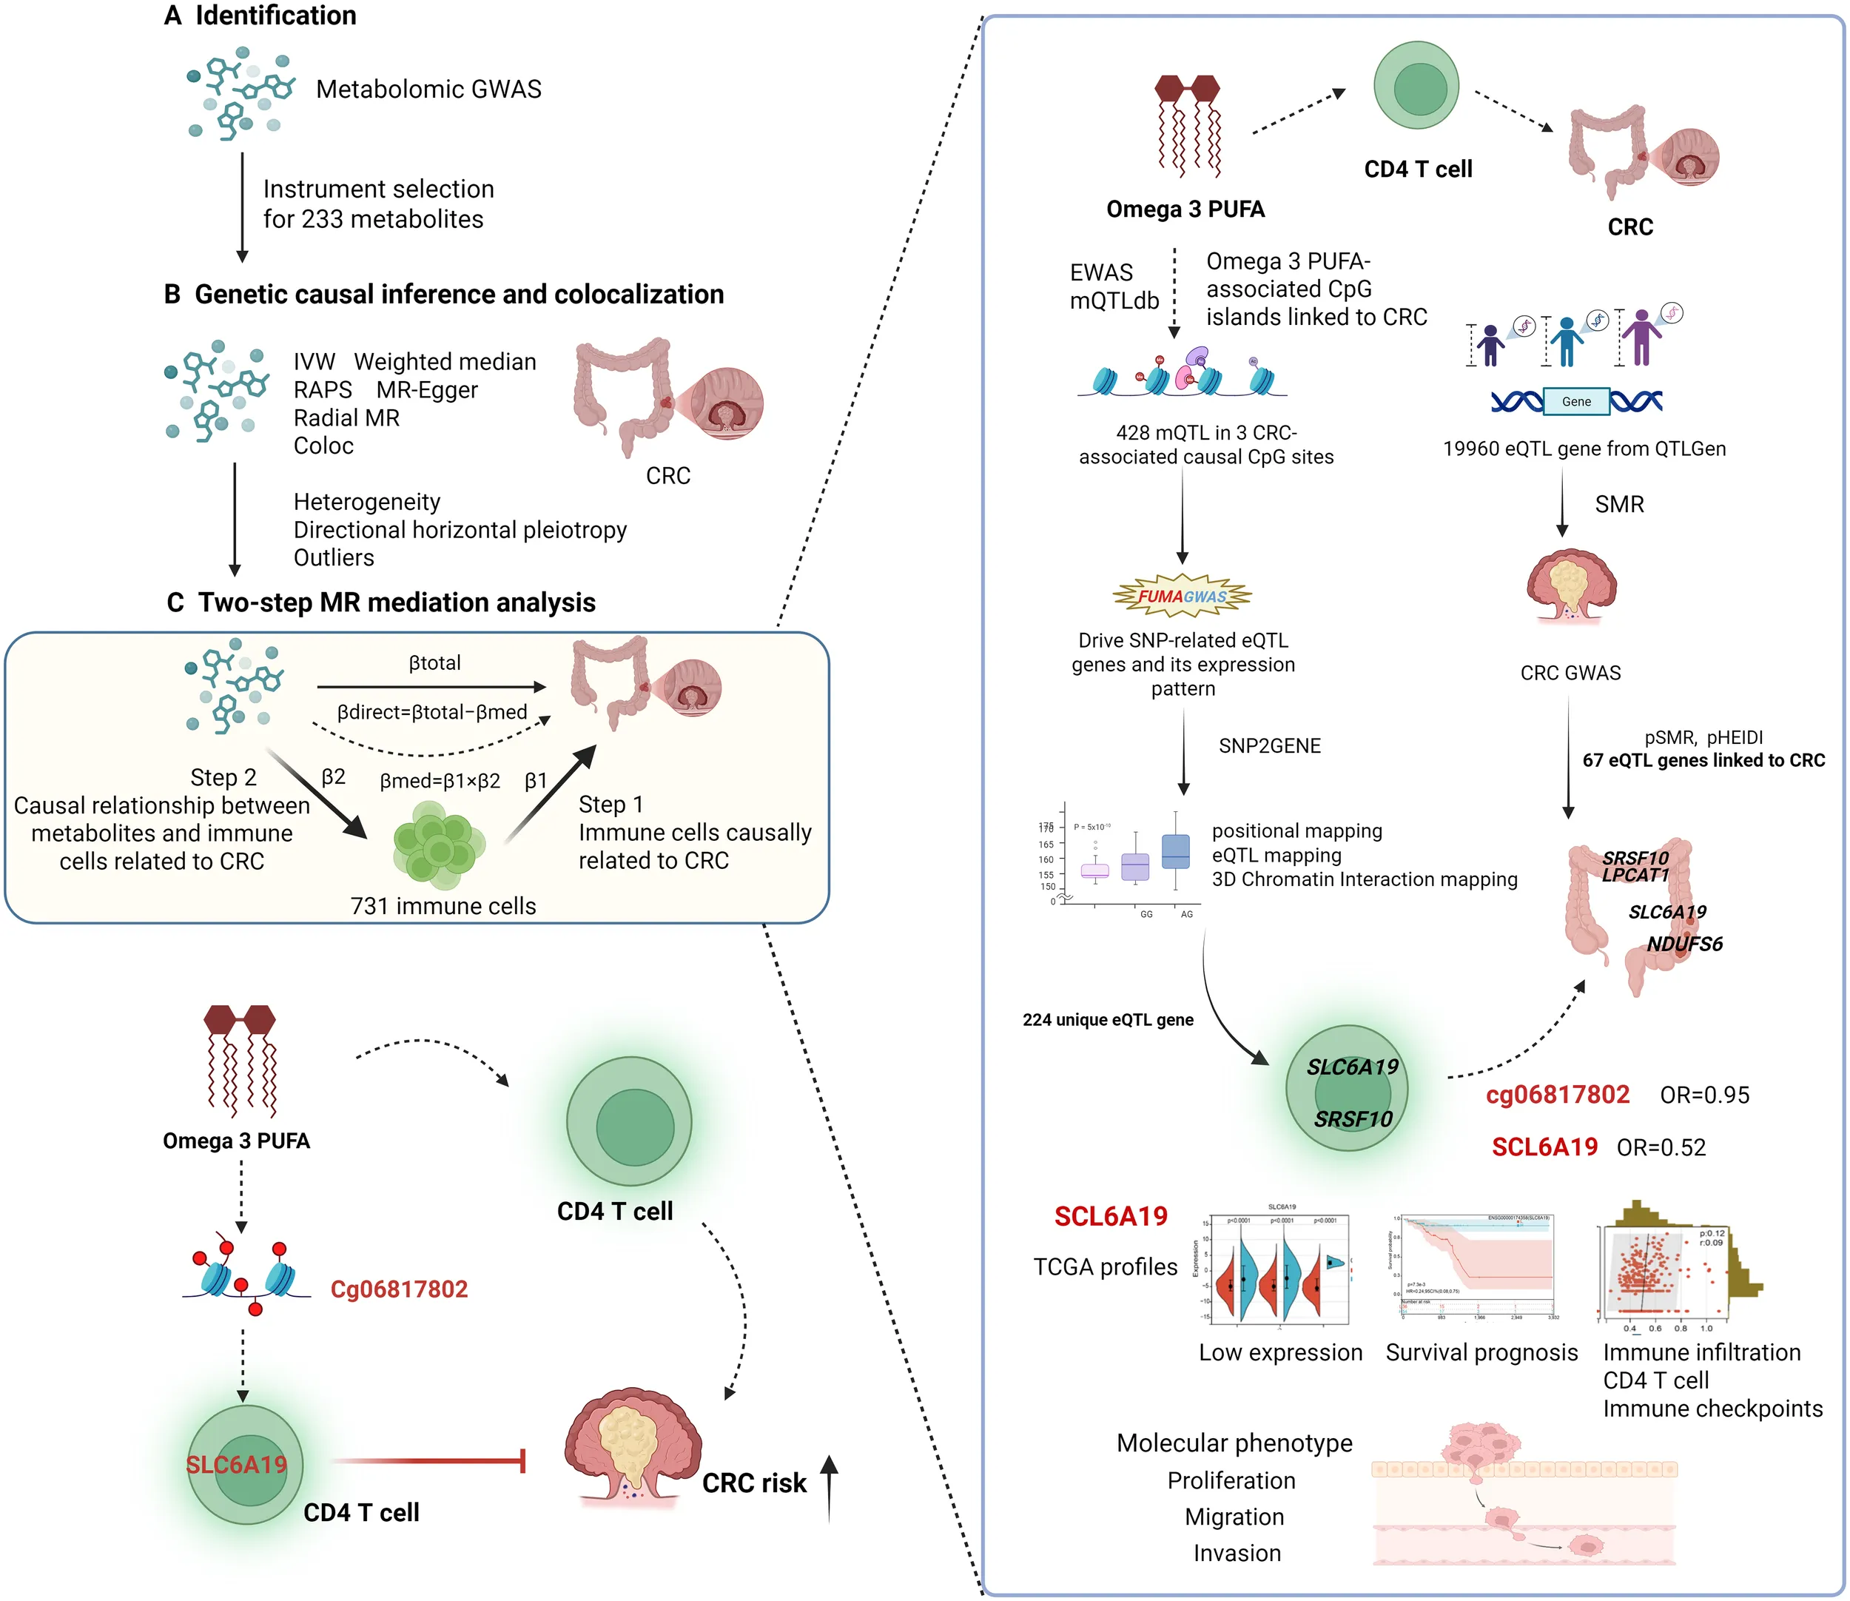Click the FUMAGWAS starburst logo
(1182, 596)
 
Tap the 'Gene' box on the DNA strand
(1575, 402)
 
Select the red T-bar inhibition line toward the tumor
(428, 1460)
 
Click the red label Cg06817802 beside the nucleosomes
(398, 1289)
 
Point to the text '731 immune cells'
(443, 906)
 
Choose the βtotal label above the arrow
(435, 663)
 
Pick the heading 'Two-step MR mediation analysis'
(397, 603)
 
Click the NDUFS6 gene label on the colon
(1685, 944)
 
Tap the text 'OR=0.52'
(1661, 1147)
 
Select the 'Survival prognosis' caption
(1481, 1352)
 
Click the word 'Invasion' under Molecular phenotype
(1237, 1553)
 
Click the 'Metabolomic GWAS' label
(428, 90)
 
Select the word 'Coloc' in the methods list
(323, 446)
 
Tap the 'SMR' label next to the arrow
(1618, 505)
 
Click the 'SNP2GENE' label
(1269, 746)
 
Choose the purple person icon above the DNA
(1641, 336)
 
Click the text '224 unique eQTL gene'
(1108, 1019)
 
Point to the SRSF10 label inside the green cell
(1353, 1118)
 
